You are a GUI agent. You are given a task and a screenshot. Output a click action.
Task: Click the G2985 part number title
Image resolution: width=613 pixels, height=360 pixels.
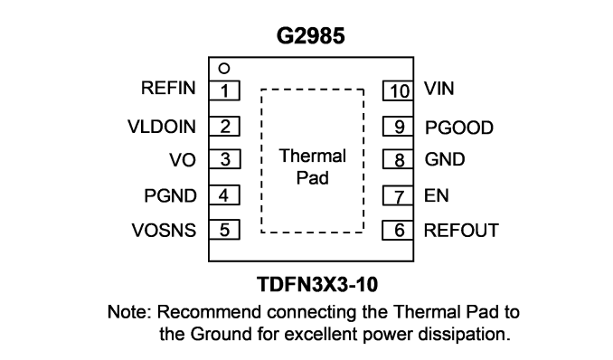[310, 35]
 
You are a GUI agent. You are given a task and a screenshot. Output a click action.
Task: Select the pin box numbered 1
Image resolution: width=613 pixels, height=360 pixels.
[224, 90]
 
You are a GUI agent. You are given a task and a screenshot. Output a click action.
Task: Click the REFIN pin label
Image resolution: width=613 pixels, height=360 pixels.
[168, 88]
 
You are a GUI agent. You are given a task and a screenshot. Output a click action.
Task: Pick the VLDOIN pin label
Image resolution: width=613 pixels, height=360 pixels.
[162, 127]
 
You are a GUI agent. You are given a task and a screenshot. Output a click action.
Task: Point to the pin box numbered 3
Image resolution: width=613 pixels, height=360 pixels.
[225, 159]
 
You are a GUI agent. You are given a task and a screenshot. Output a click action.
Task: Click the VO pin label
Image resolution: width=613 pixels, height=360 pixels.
[182, 160]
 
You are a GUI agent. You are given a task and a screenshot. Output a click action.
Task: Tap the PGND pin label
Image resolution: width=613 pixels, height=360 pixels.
[170, 195]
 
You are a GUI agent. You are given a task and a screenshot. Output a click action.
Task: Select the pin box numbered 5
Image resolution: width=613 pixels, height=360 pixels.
[224, 230]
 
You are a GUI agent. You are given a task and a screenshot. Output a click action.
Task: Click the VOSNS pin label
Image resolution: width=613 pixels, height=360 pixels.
[164, 231]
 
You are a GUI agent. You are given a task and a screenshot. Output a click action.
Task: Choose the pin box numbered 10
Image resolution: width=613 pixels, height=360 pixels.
[398, 90]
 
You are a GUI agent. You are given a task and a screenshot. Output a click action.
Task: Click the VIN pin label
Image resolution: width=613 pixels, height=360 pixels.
[439, 89]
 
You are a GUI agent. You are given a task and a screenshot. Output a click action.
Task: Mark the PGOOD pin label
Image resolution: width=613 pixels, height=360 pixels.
[459, 128]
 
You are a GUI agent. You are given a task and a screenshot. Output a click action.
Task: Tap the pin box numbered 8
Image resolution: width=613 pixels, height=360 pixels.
[398, 159]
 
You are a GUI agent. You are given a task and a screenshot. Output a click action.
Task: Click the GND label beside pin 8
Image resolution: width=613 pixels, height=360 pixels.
[445, 160]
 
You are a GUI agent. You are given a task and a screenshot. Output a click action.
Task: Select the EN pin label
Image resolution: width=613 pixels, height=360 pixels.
[437, 195]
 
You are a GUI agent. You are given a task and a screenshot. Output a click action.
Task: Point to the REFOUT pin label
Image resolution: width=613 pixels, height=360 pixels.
[461, 231]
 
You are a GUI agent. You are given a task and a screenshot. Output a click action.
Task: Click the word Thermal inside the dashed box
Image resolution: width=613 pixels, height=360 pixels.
[312, 156]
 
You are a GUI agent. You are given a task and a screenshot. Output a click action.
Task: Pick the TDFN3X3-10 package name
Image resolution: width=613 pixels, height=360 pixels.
[317, 284]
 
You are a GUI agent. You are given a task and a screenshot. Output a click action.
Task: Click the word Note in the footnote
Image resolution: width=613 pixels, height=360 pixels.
[129, 312]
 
